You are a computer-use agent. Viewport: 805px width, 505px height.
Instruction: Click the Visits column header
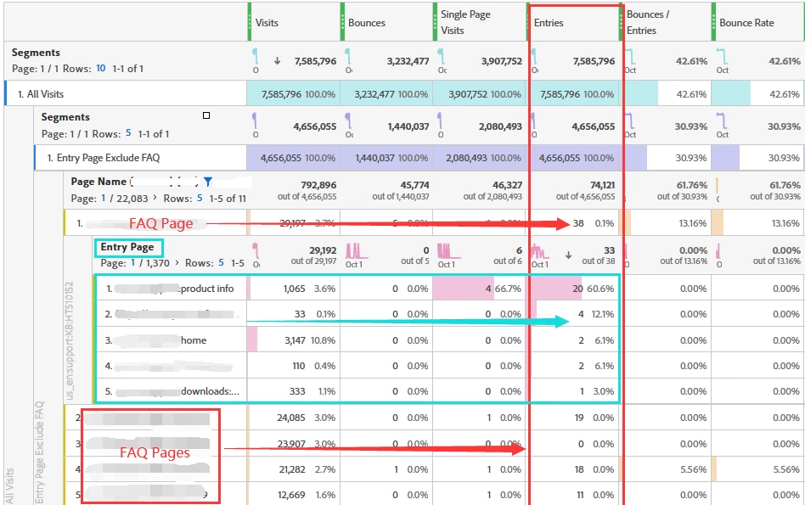[267, 23]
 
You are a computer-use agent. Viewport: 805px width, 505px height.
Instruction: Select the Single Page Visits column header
[465, 23]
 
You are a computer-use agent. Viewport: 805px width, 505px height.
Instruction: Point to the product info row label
[207, 289]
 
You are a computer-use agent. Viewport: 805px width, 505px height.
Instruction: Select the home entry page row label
[194, 340]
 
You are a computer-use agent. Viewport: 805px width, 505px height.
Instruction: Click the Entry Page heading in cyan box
[127, 248]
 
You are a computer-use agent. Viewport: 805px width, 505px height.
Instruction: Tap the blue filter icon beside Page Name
[207, 182]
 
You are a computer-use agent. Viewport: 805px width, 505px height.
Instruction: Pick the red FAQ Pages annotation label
[155, 453]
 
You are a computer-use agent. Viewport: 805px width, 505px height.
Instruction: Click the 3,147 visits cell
[300, 340]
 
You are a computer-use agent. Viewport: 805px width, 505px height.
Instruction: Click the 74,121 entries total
[596, 185]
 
